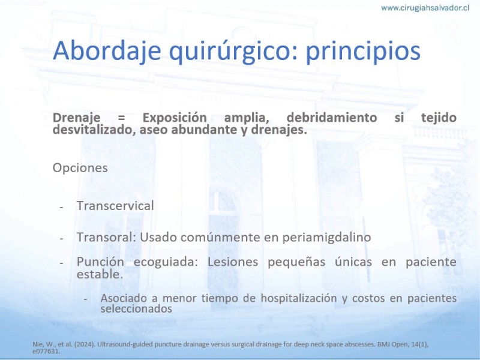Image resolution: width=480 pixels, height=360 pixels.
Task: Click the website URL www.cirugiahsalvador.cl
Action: click(425, 8)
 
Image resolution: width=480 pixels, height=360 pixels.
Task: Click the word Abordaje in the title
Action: click(107, 51)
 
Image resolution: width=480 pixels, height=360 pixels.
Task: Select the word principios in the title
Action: click(363, 51)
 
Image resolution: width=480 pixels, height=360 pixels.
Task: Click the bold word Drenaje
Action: click(77, 118)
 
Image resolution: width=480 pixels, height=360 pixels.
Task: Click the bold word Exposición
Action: click(175, 118)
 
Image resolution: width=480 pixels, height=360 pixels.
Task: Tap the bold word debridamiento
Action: click(332, 118)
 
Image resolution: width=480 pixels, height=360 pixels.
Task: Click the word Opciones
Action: click(80, 168)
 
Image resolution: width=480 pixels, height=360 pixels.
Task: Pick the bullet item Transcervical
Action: click(115, 206)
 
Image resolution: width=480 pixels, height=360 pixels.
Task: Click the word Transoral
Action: click(106, 237)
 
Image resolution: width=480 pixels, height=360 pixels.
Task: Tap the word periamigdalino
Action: click(326, 238)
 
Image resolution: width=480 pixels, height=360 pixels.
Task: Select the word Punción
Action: click(100, 262)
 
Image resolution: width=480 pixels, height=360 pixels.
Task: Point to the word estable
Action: click(100, 274)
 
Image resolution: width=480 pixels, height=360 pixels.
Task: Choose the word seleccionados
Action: click(136, 308)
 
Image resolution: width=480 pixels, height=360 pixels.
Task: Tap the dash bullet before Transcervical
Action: click(62, 208)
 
